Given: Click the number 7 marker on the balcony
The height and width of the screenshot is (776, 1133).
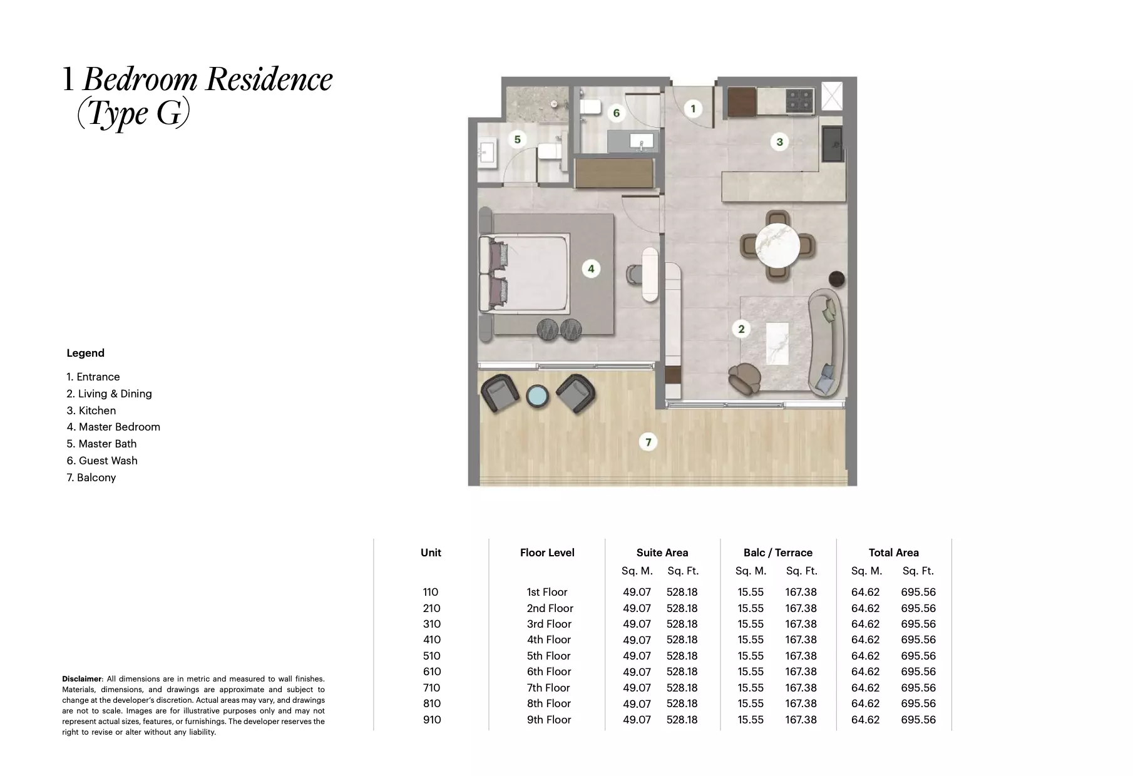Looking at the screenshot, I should point(648,442).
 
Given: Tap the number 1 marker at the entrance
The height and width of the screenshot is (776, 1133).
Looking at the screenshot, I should point(692,109).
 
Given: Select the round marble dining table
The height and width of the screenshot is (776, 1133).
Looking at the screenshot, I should point(777,245).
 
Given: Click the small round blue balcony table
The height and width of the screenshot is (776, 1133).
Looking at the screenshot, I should point(537,397).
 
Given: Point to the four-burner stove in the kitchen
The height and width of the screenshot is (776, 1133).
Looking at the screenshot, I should point(799,100).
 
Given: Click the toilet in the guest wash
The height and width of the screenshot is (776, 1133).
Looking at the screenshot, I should point(588,107).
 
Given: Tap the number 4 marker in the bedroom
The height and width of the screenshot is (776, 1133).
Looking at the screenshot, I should point(590,269).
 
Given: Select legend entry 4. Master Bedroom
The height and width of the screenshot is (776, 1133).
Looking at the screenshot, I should point(113,427).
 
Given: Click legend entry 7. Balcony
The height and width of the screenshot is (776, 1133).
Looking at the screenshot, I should point(91,477).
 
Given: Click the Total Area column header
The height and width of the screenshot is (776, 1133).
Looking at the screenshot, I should point(893,553).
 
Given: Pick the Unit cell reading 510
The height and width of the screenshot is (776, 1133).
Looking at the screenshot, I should point(431,656).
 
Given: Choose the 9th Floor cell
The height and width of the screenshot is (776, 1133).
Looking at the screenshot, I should point(548,720).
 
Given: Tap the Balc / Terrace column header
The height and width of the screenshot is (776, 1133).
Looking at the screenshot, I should point(777,553).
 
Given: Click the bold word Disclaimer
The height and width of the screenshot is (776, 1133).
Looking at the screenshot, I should point(81,679).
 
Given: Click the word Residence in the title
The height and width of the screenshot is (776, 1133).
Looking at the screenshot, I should point(269,79).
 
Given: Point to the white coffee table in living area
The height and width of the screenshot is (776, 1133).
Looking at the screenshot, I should point(777,343).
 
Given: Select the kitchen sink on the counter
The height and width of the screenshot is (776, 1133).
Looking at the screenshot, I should point(833,144).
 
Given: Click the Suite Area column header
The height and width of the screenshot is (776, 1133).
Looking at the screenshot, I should point(662,553).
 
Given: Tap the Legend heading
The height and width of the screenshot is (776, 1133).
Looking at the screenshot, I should point(85,353).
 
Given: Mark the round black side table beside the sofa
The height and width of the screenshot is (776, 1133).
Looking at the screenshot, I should point(836,278).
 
